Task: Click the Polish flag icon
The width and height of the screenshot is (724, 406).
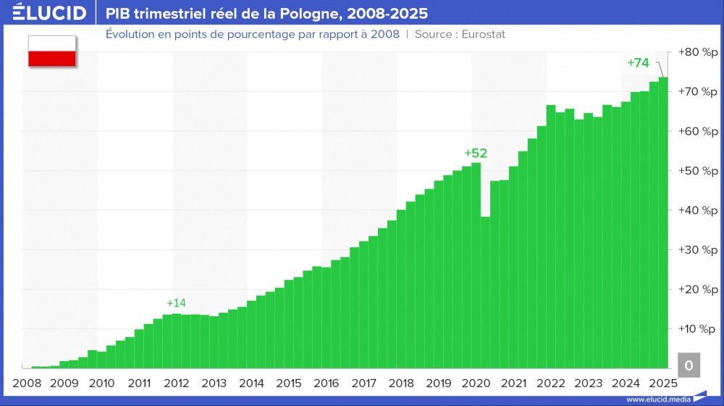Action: click(x=52, y=51)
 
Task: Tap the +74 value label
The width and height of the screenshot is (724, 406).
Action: click(x=638, y=63)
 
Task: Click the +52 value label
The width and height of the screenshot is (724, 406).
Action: click(x=476, y=153)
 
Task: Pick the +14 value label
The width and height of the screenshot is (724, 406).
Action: click(x=176, y=303)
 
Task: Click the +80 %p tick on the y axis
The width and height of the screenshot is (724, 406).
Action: click(x=698, y=52)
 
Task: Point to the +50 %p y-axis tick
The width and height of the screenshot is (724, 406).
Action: click(x=698, y=170)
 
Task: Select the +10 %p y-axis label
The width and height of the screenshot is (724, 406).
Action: click(x=698, y=328)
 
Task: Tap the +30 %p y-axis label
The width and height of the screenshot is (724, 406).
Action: click(x=698, y=249)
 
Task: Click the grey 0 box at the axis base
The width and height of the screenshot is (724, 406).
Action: click(x=689, y=366)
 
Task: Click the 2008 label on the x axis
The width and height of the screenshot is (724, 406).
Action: click(x=26, y=383)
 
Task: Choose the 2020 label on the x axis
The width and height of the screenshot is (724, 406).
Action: click(x=476, y=383)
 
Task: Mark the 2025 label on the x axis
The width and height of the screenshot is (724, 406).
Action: click(x=663, y=383)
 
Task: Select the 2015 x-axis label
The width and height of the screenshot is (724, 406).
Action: click(x=288, y=383)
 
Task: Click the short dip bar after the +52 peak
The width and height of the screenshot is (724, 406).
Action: click(x=485, y=290)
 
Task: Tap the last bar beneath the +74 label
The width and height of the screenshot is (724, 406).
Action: click(x=663, y=217)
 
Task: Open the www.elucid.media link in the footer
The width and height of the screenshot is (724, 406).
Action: click(x=657, y=399)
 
